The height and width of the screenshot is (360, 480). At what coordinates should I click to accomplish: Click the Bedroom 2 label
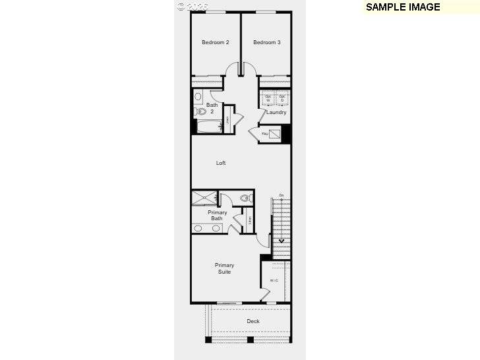pyautogui.click(x=215, y=43)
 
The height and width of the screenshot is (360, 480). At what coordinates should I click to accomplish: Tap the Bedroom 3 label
pyautogui.click(x=267, y=43)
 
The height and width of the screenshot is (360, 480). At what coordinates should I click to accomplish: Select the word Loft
pyautogui.click(x=221, y=163)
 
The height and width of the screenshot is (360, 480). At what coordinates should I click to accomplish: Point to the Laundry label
pyautogui.click(x=276, y=112)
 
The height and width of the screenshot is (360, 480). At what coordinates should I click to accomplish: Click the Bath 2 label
pyautogui.click(x=212, y=108)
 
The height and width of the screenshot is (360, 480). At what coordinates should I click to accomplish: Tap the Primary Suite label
pyautogui.click(x=224, y=268)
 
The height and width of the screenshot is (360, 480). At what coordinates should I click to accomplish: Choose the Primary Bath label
pyautogui.click(x=217, y=216)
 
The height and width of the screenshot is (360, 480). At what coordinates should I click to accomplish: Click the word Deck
pyautogui.click(x=253, y=321)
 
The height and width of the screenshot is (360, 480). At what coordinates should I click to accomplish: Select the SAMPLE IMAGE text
pyautogui.click(x=402, y=7)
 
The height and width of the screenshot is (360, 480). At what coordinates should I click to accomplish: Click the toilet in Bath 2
pyautogui.click(x=202, y=111)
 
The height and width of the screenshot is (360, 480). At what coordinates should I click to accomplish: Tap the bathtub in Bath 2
pyautogui.click(x=209, y=127)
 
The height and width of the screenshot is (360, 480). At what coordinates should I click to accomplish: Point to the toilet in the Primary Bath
pyautogui.click(x=245, y=197)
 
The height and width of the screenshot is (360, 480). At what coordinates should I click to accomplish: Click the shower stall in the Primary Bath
pyautogui.click(x=204, y=198)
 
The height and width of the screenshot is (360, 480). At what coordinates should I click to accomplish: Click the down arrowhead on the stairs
pyautogui.click(x=282, y=241)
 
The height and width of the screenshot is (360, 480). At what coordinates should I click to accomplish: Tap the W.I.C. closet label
pyautogui.click(x=274, y=281)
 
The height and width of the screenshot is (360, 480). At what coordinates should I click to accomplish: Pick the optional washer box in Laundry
pyautogui.click(x=268, y=99)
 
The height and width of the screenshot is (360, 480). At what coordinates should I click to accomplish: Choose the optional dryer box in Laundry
pyautogui.click(x=282, y=99)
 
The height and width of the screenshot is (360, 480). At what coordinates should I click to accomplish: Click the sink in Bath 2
pyautogui.click(x=198, y=96)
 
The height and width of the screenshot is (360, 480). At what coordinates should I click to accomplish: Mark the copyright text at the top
pyautogui.click(x=193, y=6)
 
